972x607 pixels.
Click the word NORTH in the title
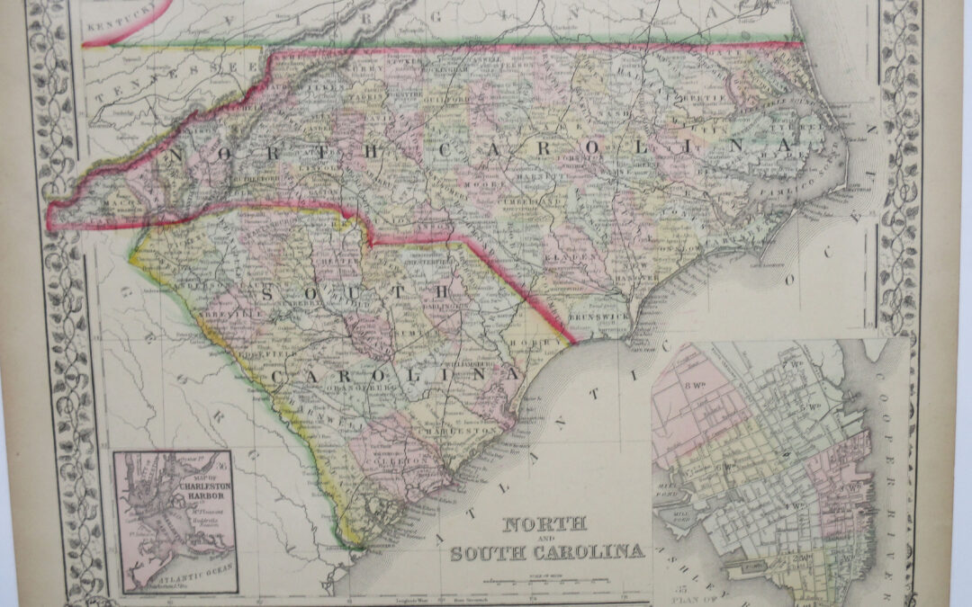click(x=544, y=524)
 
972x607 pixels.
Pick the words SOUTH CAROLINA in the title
click(x=547, y=551)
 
